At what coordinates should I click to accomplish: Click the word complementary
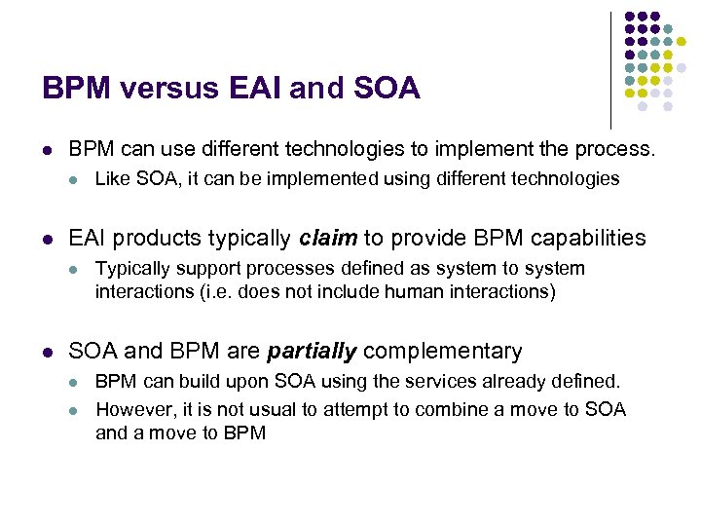point(444,352)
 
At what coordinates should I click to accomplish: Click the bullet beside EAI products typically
point(48,239)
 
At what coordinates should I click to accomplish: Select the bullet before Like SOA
point(75,179)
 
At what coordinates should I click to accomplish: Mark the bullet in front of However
point(75,410)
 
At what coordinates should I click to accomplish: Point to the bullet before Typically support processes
point(75,269)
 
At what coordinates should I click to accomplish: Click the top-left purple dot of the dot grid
point(629,17)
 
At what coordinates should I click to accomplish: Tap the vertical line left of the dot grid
point(611,68)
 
